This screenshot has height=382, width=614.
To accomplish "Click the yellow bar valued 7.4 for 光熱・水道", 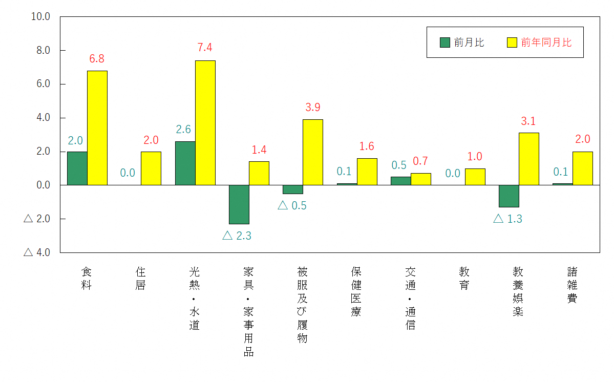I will pos(205,123).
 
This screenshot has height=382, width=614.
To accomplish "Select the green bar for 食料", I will pos(77,168).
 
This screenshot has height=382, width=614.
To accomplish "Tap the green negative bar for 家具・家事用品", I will pos(239,204).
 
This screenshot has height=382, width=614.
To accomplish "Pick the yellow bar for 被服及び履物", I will pos(313,152).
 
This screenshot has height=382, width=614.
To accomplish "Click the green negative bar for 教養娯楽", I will pos(509,196).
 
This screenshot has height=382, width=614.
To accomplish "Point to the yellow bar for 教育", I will pos(475,177).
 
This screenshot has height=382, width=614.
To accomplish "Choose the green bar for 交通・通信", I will pos(400,181).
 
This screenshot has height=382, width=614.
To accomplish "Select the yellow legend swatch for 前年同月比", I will pos(512,43).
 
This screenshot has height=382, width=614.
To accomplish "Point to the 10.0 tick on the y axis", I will pos(40,16).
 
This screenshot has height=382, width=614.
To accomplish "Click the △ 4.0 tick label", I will pos(37,252).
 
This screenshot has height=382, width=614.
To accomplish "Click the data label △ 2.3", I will pos(237,236).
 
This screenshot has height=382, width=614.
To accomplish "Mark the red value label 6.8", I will pos(97,59).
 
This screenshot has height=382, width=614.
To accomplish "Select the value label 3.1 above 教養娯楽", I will pos(528,121).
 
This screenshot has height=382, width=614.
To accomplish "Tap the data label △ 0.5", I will pos(292,205).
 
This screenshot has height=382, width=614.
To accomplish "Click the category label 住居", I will pos(140,278).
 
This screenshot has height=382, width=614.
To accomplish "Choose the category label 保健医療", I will pos(356,291).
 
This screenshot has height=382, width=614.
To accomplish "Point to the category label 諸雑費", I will pos(572,285).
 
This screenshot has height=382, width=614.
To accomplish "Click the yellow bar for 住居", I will pos(151,168).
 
